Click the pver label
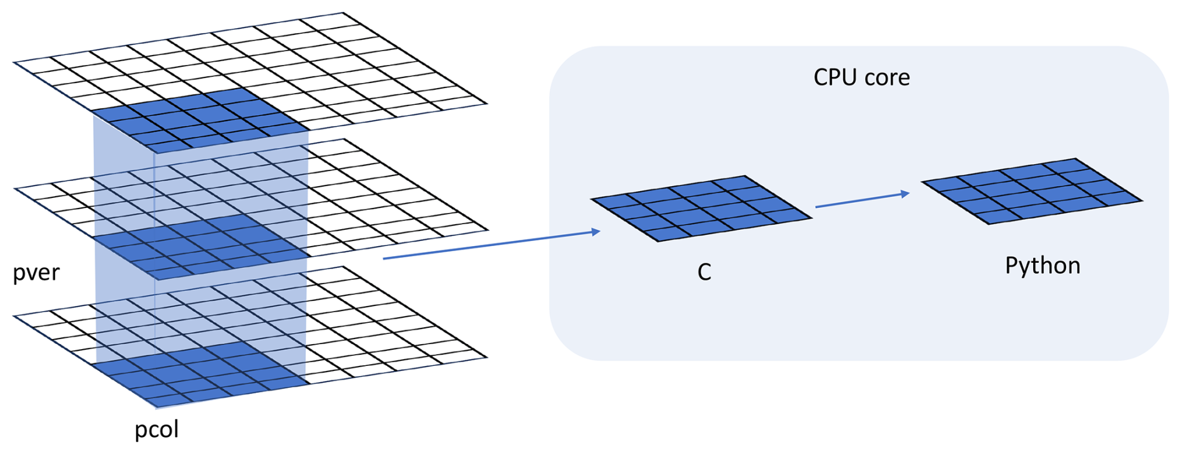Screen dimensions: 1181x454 point(36,273)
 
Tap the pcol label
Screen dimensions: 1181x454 point(157,430)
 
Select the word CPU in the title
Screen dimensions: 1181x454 point(836,77)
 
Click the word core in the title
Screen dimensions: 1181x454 point(888,77)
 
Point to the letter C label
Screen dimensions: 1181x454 point(704,272)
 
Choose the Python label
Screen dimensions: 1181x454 point(1042,266)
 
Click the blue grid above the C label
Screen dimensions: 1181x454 point(701,209)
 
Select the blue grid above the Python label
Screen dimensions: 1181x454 point(1032,191)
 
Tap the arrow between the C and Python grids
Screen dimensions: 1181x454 point(863,200)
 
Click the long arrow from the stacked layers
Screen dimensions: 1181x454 point(491,245)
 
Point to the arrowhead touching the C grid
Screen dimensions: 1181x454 point(595,232)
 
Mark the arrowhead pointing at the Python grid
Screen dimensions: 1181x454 point(905,194)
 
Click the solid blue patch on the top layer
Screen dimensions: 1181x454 point(201,120)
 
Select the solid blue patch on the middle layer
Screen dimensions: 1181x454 point(201,247)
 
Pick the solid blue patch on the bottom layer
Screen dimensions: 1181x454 point(201,375)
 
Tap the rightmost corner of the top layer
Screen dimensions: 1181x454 point(487,104)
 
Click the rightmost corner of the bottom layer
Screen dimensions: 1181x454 point(487,358)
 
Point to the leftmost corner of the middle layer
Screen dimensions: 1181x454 point(14,189)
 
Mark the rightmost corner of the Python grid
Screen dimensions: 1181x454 point(1143,200)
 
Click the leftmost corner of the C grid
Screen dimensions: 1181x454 point(590,200)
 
